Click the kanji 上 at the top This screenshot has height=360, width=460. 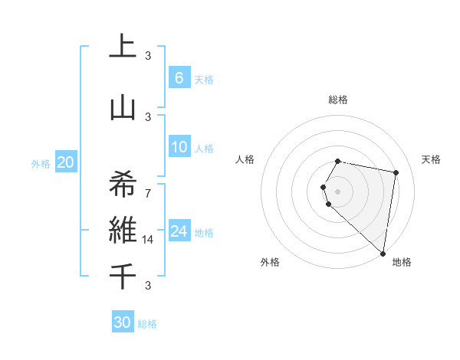[x=123, y=46]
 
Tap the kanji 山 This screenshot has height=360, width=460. [x=123, y=107]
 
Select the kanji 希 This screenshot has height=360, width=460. [x=123, y=185]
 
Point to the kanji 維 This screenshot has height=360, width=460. [x=123, y=230]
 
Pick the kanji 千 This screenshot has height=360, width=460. [x=123, y=277]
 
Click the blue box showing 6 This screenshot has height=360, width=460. [x=179, y=78]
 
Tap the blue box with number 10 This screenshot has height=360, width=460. [x=179, y=147]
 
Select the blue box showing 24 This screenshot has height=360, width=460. [x=179, y=231]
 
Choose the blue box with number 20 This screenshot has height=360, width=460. [x=65, y=162]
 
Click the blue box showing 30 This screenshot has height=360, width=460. [x=123, y=322]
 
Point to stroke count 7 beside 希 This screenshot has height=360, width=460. [x=148, y=193]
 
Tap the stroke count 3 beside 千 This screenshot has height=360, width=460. [x=148, y=286]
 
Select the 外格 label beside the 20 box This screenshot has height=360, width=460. [x=40, y=163]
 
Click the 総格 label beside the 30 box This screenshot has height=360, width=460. [x=147, y=324]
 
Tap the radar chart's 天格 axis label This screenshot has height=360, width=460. [x=431, y=159]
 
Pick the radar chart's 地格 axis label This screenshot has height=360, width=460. [x=402, y=262]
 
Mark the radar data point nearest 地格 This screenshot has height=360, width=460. [x=383, y=253]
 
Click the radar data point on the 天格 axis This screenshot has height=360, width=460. [x=396, y=172]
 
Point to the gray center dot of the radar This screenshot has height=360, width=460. [x=338, y=190]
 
